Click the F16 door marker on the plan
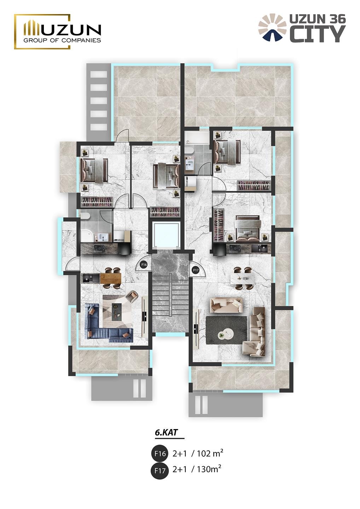(x=144, y=264)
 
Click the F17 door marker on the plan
(x=196, y=270)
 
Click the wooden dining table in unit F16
(x=110, y=279)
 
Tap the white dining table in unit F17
(x=242, y=279)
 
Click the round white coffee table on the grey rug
(x=225, y=334)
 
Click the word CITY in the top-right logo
(x=318, y=34)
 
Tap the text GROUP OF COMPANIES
(x=62, y=40)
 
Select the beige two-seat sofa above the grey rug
(x=226, y=306)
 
